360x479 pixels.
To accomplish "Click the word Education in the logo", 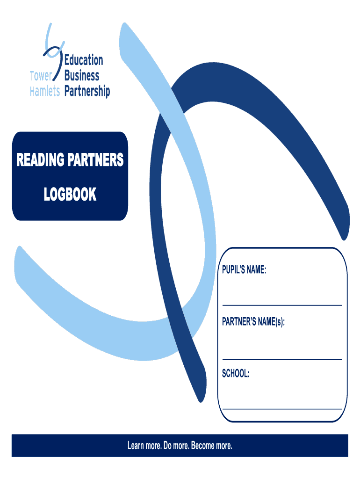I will tap(84, 60).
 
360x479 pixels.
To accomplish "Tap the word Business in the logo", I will tap(82, 75).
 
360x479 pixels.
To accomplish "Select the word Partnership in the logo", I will tap(87, 91).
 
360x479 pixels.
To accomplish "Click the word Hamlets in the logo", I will tap(45, 91).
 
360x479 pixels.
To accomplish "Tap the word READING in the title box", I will tap(40, 160).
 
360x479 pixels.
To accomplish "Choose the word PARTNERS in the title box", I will tap(96, 160).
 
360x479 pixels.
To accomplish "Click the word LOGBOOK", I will tap(70, 194).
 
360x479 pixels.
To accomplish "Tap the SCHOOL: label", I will tap(236, 374).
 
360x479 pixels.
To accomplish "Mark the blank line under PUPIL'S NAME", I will tap(282, 305).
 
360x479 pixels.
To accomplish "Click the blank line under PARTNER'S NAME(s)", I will tap(282, 359).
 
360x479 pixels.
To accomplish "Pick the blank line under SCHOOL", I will tap(282, 409).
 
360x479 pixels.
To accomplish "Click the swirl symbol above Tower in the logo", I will tap(52, 44).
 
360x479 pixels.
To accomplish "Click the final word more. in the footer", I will tap(224, 446).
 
